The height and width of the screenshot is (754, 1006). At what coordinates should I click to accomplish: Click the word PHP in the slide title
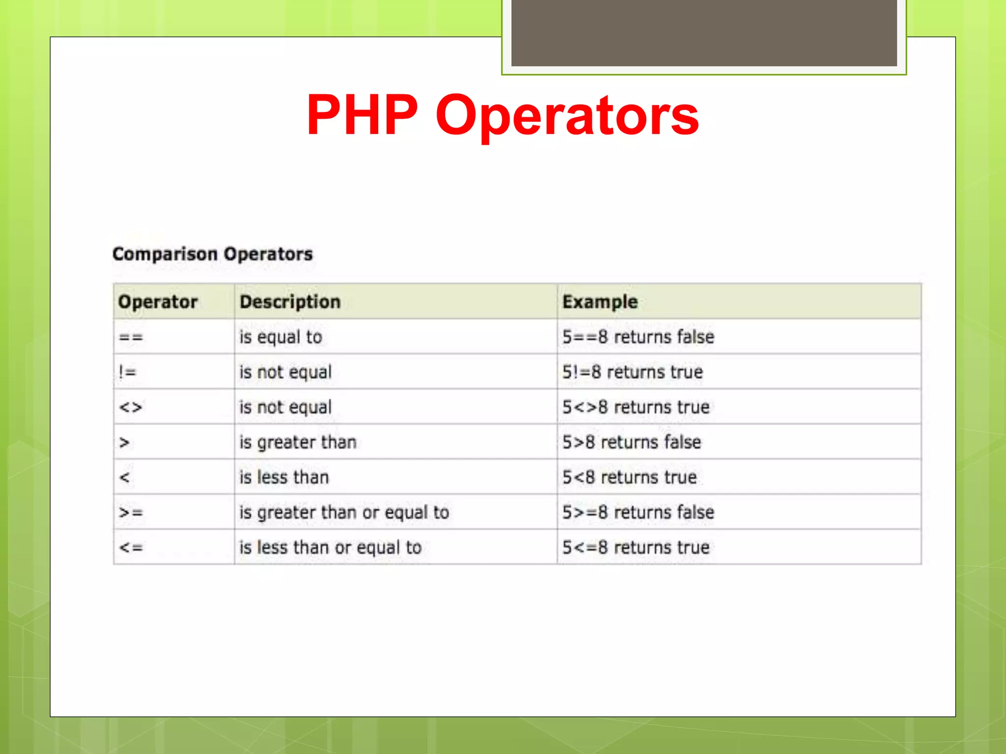tap(362, 115)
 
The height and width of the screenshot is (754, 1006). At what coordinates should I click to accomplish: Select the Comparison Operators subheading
tap(212, 254)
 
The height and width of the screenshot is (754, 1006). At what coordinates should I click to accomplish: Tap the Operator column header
tap(158, 301)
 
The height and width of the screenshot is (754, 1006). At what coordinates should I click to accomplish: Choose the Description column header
tap(290, 301)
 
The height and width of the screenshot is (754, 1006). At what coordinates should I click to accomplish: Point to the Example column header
tap(600, 301)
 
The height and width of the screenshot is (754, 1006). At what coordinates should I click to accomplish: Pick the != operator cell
tap(127, 372)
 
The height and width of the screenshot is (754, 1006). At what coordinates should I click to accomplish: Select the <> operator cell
tap(131, 407)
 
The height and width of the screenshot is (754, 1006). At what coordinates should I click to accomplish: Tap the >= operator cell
tap(131, 512)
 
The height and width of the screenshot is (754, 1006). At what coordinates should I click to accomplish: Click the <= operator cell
tap(131, 547)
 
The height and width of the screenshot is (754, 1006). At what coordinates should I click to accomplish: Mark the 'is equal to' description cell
tap(280, 337)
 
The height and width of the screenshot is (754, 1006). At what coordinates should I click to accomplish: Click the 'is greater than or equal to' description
tap(344, 512)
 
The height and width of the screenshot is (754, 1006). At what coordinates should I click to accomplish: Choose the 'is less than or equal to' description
tap(330, 547)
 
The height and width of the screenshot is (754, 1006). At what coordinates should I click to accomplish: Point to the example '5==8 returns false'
tap(638, 337)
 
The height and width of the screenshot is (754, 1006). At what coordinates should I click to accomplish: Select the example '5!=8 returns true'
tap(632, 372)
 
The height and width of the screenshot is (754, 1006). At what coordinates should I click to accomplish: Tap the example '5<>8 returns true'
tap(636, 407)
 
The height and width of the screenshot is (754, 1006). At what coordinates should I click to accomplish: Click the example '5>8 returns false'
tap(631, 442)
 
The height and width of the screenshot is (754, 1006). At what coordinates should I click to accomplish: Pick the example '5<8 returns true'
tap(629, 477)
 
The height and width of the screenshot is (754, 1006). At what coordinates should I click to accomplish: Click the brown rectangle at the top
tap(704, 32)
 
